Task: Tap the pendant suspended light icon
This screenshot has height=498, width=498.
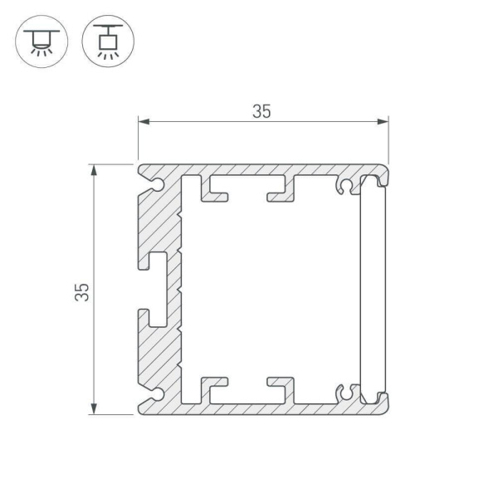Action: coord(106,40)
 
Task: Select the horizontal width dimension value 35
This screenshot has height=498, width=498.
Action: coord(262,112)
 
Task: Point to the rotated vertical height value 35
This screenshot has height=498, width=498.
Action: coord(81,291)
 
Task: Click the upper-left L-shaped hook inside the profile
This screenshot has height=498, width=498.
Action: coord(216,190)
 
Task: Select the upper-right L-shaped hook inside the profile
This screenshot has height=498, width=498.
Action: coord(281,190)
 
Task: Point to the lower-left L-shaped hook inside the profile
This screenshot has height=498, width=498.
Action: coord(216,388)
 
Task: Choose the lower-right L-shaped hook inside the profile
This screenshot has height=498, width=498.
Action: coord(281,388)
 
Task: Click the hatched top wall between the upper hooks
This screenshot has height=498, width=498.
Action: coord(249,169)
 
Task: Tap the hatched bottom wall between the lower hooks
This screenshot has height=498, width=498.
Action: coord(249,408)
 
